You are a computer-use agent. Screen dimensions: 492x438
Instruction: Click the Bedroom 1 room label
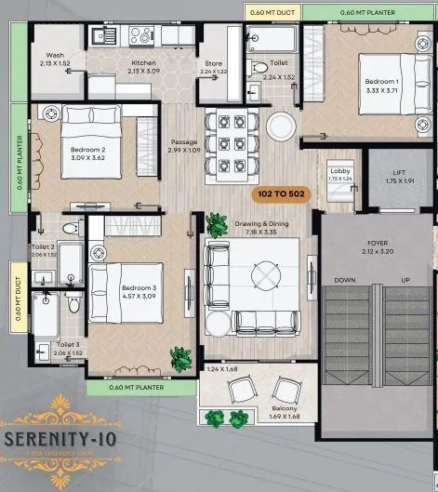(x=380, y=86)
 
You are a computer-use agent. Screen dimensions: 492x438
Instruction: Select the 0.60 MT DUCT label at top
(x=272, y=12)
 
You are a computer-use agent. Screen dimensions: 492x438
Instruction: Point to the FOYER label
(x=376, y=219)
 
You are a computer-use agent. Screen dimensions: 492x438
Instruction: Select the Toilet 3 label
(x=44, y=348)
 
